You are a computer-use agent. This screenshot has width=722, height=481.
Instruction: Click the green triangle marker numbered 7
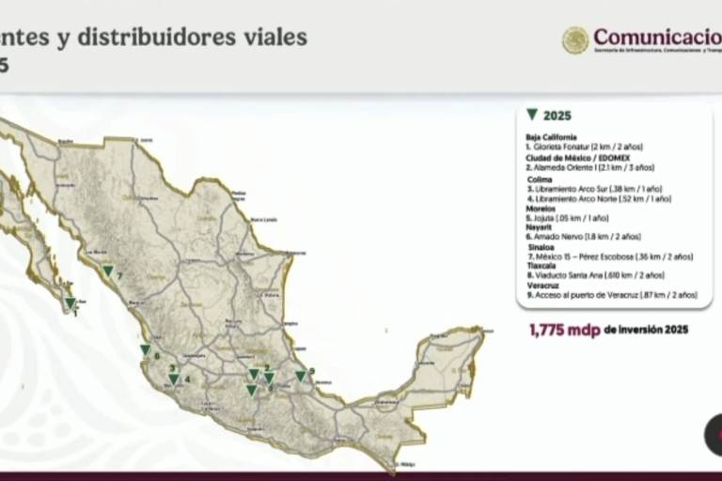[x=108, y=271]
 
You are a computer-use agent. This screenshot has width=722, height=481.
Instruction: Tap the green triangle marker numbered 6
[x=145, y=349]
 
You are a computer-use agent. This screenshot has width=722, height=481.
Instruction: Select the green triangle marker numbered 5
[x=300, y=376]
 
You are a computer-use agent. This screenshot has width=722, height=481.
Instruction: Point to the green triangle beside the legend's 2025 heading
[x=532, y=115]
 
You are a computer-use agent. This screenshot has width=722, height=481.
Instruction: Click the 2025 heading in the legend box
[x=557, y=116]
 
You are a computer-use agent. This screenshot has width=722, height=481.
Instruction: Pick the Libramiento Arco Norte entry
[x=600, y=199]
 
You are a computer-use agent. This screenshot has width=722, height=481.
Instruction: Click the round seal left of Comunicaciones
[x=575, y=39]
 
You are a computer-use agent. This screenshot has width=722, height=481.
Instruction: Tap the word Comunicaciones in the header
[x=657, y=38]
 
